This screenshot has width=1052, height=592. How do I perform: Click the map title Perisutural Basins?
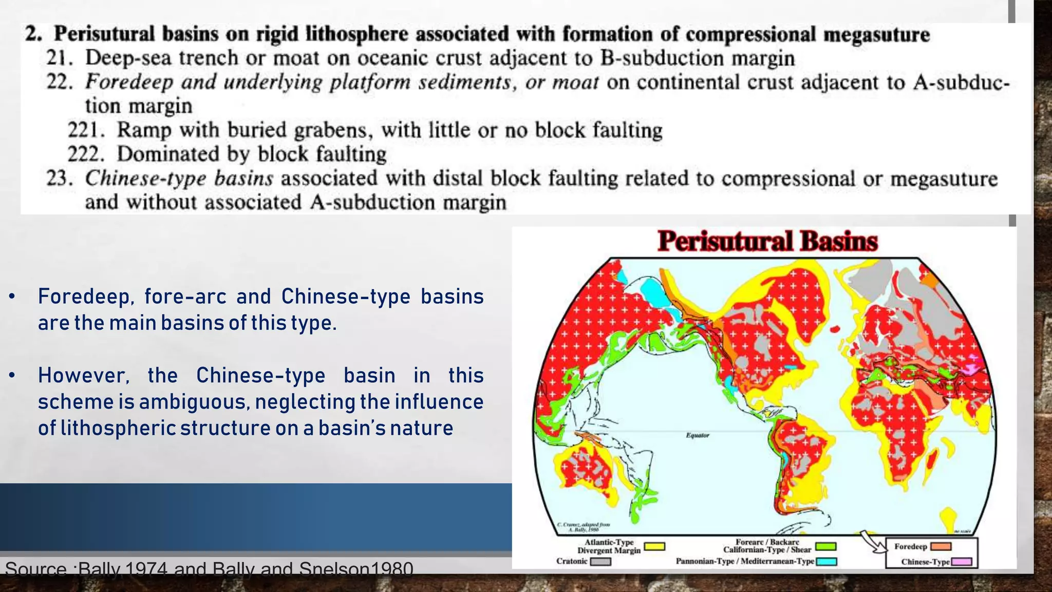coord(767,241)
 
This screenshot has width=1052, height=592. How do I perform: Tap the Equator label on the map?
coord(698,435)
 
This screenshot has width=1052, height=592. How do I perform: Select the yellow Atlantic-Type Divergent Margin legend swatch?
coord(654,547)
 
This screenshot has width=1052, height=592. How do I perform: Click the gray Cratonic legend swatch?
coord(600,562)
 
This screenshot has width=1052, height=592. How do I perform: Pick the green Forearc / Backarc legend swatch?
coord(825,546)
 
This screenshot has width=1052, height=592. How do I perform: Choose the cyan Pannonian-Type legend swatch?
coord(826,562)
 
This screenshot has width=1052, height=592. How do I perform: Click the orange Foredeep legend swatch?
coord(941,547)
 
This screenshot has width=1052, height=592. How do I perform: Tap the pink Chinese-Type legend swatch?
coord(962,562)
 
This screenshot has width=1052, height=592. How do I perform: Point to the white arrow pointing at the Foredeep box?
coord(873,543)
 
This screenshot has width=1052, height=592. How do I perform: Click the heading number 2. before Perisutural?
coord(34,34)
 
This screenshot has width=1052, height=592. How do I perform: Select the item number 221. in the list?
coord(86,130)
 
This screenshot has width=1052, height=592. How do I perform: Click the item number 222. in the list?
coord(86,154)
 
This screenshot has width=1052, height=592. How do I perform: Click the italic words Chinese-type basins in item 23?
coord(179,178)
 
